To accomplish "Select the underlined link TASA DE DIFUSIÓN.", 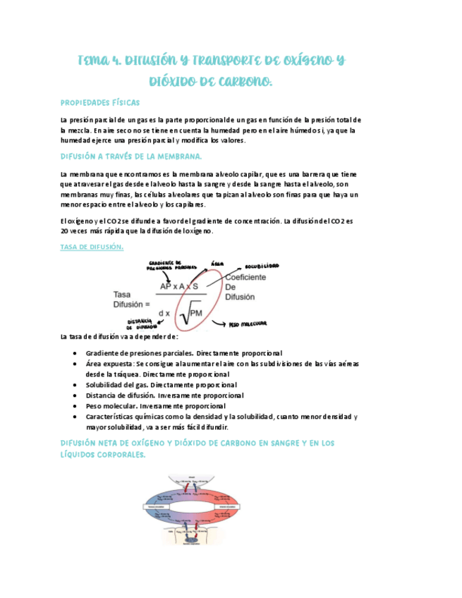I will (92, 247).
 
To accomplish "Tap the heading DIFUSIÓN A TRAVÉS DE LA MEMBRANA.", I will (131, 156).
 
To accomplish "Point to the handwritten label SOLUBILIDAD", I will (262, 267).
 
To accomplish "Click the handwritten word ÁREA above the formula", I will (218, 264).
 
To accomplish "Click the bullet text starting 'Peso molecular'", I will (155, 405).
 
